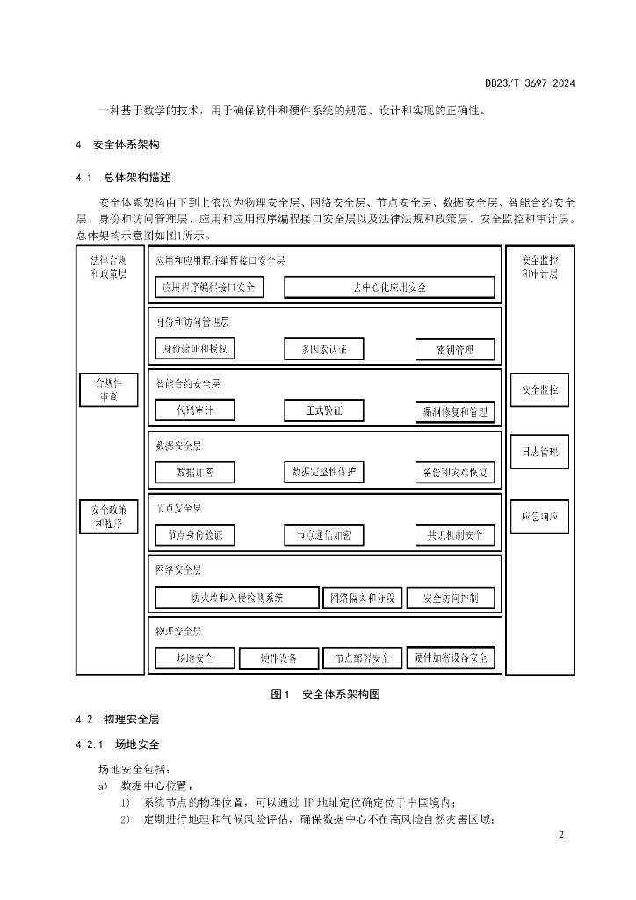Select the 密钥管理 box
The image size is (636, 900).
[x=455, y=350]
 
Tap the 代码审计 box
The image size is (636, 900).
[x=195, y=410]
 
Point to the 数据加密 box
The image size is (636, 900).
[x=195, y=473]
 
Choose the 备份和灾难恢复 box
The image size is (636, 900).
[x=455, y=473]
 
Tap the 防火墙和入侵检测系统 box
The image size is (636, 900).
[x=235, y=598]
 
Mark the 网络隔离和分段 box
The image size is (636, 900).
[x=363, y=599]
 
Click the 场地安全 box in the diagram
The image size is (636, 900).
[x=195, y=657]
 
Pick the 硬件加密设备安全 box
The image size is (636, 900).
[x=451, y=657]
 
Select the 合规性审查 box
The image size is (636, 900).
[x=109, y=389]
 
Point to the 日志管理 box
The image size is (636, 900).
[x=540, y=453]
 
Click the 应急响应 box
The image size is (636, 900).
[x=540, y=515]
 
